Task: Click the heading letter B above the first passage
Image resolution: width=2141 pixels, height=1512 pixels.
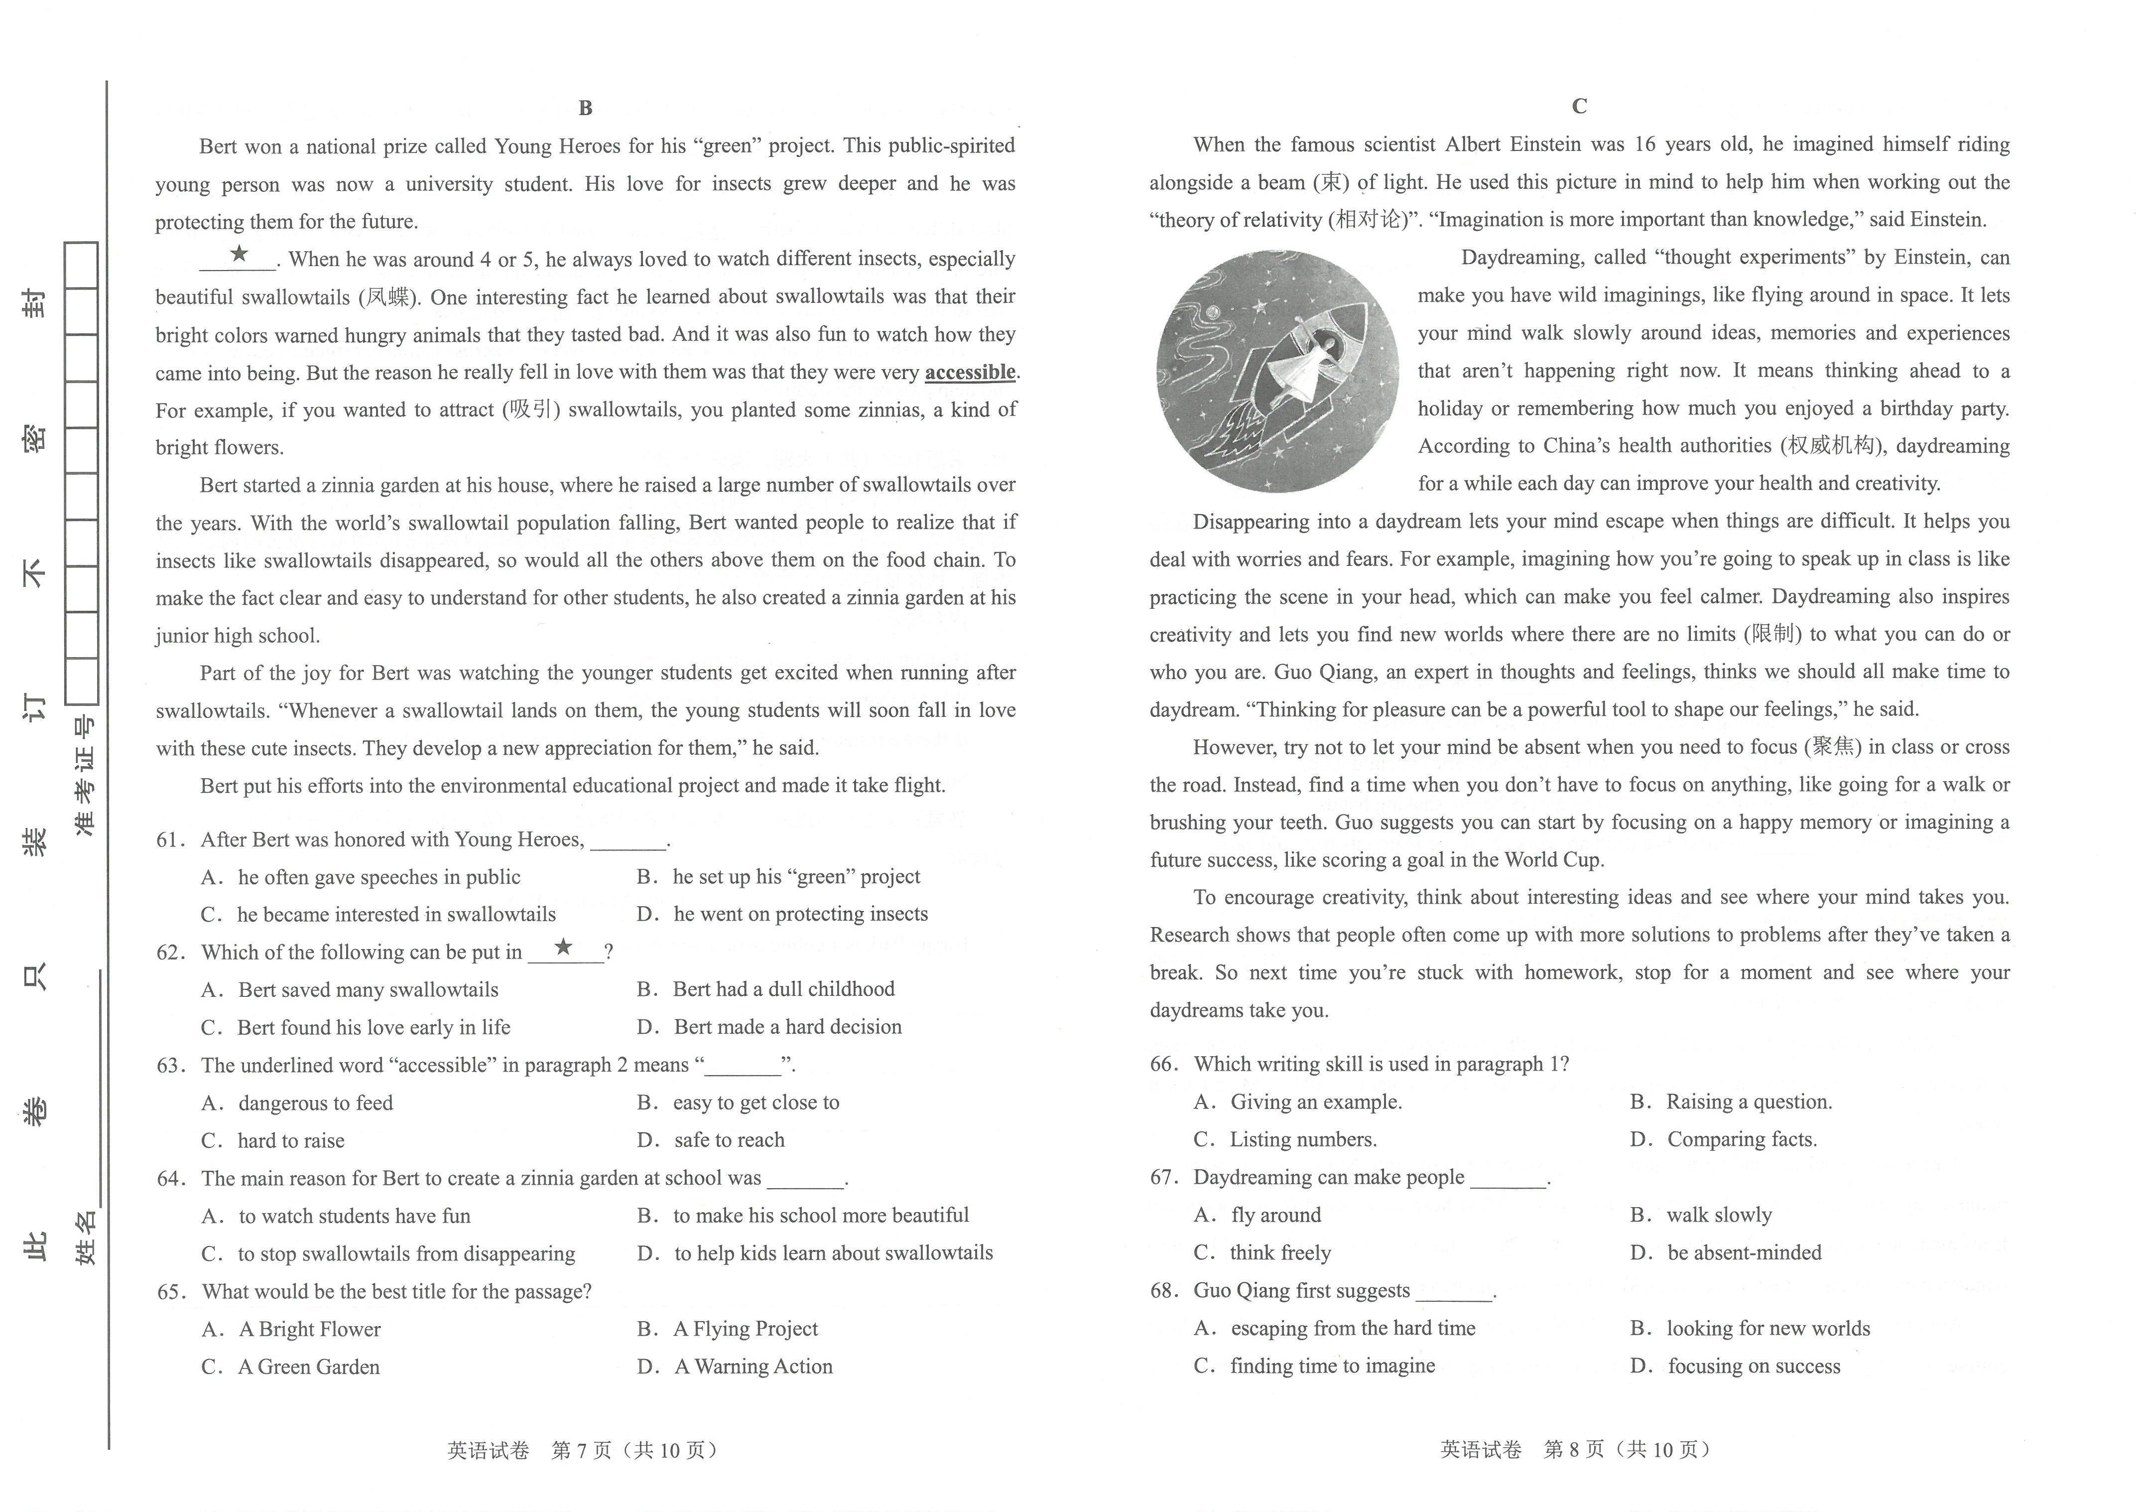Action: [x=586, y=108]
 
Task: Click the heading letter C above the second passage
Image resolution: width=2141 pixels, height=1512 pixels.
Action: [x=1579, y=106]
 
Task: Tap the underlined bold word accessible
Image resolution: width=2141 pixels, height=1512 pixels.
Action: [x=970, y=372]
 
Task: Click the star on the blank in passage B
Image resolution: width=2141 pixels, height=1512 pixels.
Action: [x=239, y=254]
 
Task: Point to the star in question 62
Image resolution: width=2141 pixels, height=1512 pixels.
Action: [x=563, y=948]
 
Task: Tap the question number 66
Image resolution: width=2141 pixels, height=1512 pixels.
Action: [x=1165, y=1064]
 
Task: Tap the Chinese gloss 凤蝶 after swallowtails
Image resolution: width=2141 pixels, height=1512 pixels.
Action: [x=388, y=296]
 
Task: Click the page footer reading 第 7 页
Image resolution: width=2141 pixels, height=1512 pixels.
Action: [x=582, y=1450]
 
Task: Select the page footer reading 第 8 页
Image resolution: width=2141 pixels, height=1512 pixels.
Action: [x=1574, y=1450]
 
